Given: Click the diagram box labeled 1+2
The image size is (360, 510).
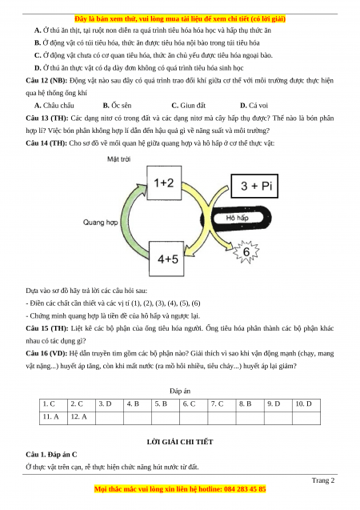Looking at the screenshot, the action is [164, 183].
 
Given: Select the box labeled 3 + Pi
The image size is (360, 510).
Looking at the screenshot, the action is [254, 186].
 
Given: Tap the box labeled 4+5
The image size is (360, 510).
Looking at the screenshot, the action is [166, 259].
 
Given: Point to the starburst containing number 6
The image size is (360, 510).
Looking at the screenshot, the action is [246, 251].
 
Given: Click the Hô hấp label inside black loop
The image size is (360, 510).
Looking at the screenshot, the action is [237, 218].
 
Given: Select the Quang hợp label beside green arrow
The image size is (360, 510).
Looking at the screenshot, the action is [100, 223].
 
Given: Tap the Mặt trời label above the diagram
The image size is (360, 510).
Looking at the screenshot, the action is [119, 159].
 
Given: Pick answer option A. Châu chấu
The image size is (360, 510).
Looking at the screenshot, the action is [54, 106].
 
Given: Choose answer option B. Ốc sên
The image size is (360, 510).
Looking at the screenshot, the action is [118, 106].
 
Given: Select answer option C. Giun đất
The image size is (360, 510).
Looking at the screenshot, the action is [189, 106].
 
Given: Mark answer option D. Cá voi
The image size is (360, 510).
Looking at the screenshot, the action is [254, 106].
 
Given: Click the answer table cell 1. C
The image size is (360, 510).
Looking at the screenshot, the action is [54, 405].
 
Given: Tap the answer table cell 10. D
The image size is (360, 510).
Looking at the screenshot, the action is [306, 405].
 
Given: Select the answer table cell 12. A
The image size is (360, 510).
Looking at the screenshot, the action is [82, 418].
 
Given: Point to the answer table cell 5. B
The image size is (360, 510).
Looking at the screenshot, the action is [166, 405].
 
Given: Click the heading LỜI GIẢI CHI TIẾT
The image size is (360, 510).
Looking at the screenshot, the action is [180, 442].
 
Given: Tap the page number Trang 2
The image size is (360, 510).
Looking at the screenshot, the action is [323, 480].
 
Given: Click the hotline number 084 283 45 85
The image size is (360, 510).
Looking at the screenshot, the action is [245, 489].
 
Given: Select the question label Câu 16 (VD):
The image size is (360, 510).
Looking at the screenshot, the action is [46, 354].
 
